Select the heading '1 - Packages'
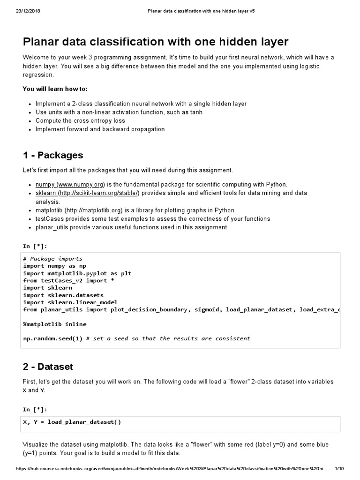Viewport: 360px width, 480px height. click(53, 155)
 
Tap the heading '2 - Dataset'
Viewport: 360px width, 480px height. click(48, 367)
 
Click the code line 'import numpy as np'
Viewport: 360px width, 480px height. click(55, 265)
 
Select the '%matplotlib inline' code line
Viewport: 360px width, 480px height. click(55, 324)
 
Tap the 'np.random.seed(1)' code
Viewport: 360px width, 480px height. click(53, 338)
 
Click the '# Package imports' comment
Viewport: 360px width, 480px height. click(52, 258)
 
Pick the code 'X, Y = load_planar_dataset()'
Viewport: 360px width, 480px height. click(72, 422)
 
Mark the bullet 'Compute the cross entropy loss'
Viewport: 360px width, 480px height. click(80, 120)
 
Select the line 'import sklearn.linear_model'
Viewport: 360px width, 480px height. click(70, 302)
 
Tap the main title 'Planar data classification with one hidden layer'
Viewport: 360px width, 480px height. click(156, 42)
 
